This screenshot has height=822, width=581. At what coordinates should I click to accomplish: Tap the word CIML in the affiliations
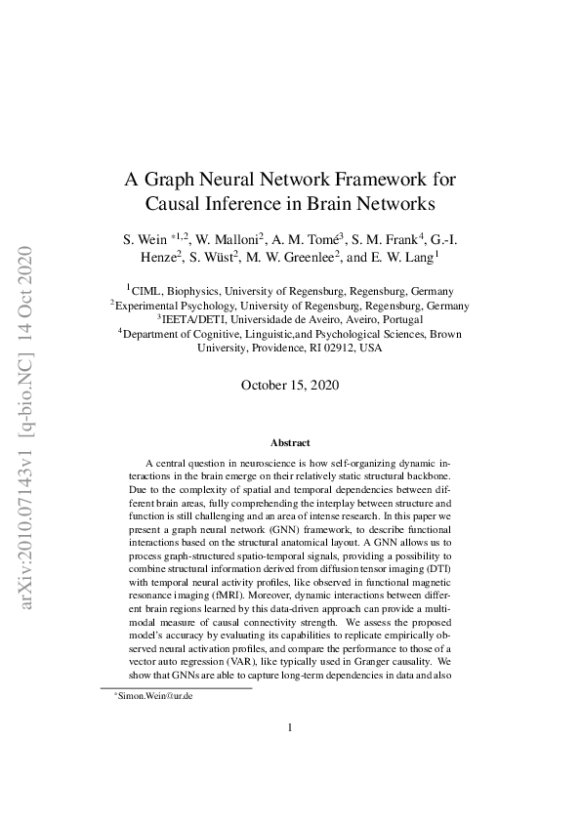pos(148,291)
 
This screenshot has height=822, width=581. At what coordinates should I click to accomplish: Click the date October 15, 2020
pos(290,385)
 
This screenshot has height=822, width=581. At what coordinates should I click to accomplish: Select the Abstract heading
pos(290,442)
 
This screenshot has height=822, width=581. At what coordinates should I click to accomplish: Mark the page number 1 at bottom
pos(290,755)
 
